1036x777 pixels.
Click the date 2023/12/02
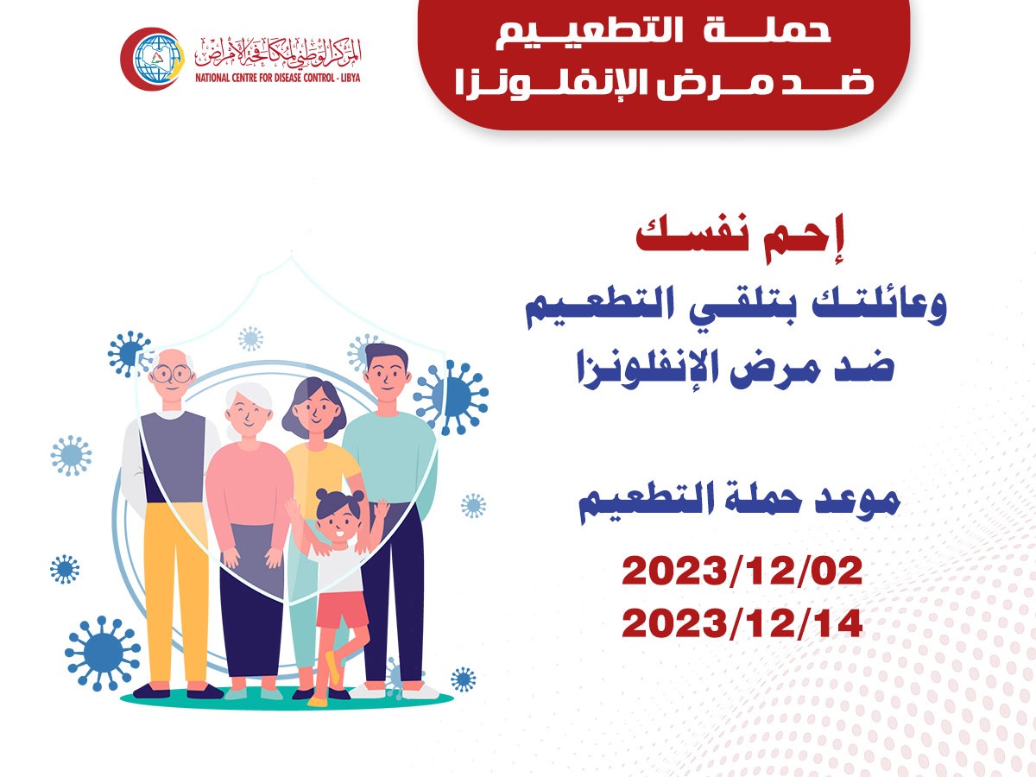click(742, 572)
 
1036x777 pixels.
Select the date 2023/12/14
click(742, 622)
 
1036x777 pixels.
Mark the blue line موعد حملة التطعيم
click(739, 502)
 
